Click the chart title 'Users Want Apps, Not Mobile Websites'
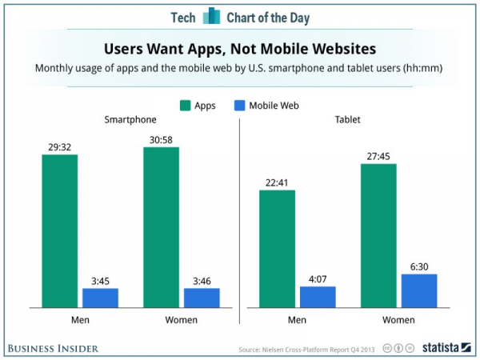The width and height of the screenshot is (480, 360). coord(240,48)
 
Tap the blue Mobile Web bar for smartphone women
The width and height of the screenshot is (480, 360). coord(202,298)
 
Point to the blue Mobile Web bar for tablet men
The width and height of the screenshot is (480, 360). coord(318,297)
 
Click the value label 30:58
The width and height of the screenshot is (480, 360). coord(161,140)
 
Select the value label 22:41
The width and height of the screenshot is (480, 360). coord(277,183)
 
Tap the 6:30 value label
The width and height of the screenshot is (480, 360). coord(418,267)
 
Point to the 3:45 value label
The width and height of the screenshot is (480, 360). coord(101,282)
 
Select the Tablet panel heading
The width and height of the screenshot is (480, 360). coord(348,119)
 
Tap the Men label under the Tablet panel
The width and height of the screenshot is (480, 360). coord(298,320)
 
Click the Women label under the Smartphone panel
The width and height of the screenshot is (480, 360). coord(181,320)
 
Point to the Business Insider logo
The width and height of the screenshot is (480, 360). coord(54,348)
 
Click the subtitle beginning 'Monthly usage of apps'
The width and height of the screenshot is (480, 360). coord(240,68)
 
